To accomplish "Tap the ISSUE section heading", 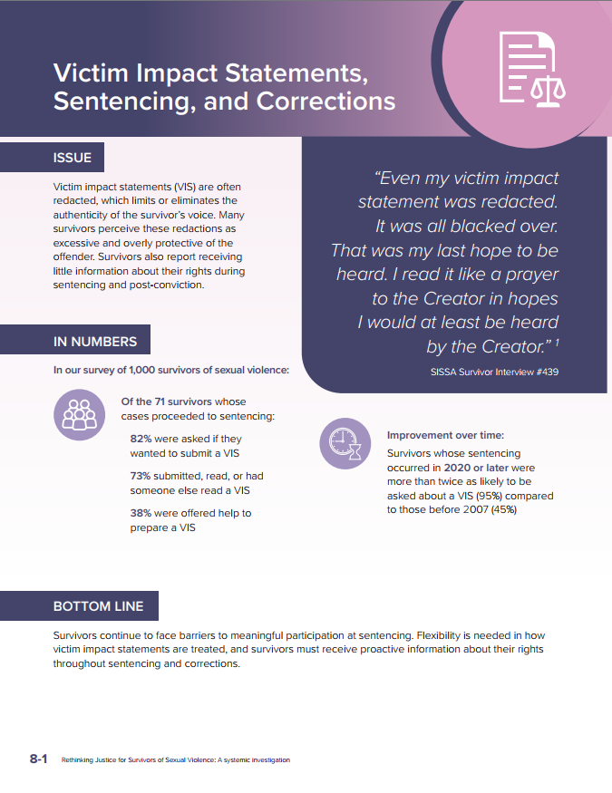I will click(73, 158).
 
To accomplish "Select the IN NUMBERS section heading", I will click(95, 342).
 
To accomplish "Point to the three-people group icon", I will click(78, 414).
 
